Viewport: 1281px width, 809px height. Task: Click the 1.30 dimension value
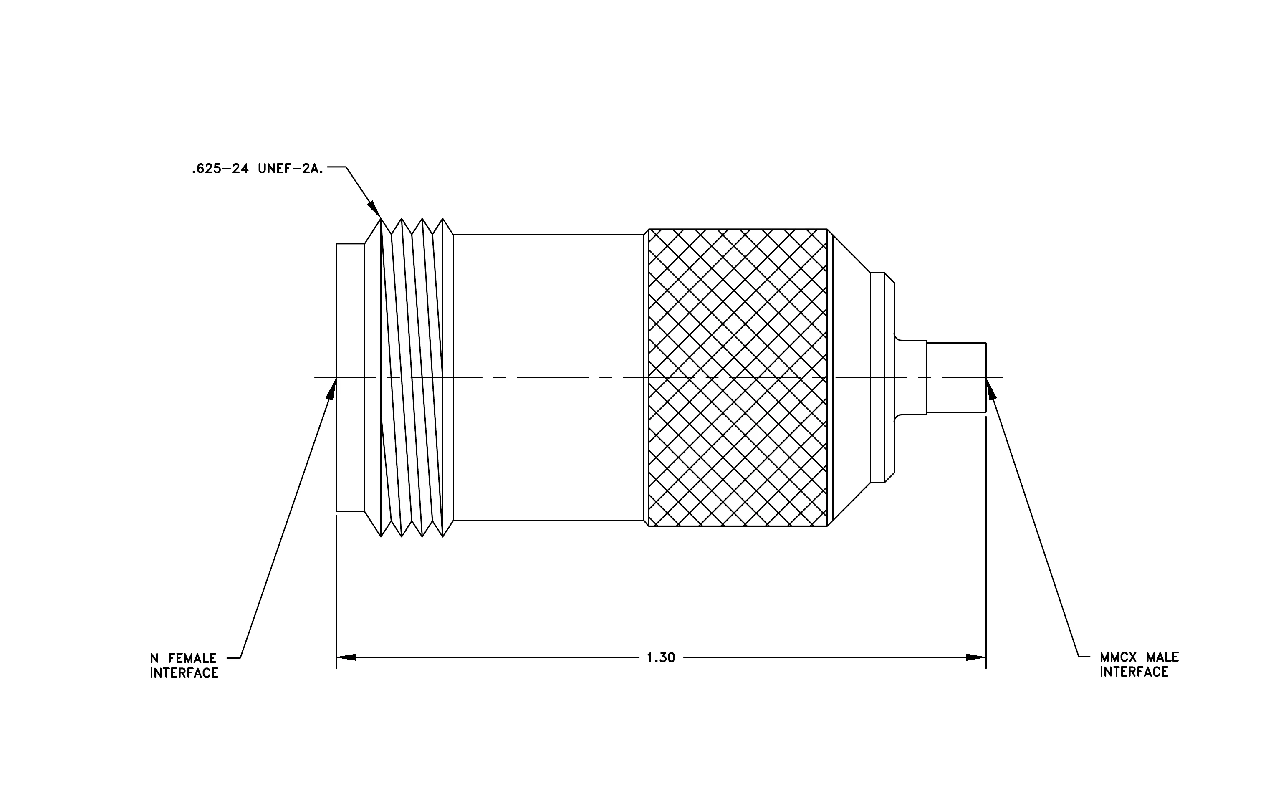tap(661, 658)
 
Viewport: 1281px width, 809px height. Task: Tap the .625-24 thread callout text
tap(258, 169)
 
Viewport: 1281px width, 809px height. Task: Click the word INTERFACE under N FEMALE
tap(184, 673)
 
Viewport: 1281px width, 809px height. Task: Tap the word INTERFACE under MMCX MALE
tap(1134, 672)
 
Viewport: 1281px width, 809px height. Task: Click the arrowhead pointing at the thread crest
tap(374, 210)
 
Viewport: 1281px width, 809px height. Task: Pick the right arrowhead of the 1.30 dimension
tap(976, 657)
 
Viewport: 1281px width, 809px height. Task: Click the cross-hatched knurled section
tap(738, 378)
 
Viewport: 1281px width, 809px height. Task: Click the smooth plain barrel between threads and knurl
tap(548, 378)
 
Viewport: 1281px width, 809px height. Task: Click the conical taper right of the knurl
tap(851, 378)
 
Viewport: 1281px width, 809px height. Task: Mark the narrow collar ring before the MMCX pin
tap(882, 378)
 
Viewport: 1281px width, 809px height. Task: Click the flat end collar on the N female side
tap(351, 378)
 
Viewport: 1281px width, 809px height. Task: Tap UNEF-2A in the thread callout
tap(291, 169)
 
